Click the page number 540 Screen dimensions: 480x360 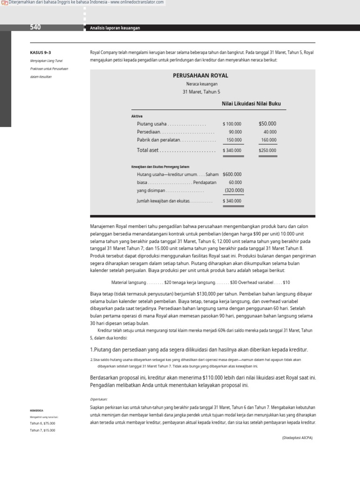click(35, 28)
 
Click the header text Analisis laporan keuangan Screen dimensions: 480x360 click(115, 28)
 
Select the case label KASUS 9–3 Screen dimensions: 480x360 click(40, 52)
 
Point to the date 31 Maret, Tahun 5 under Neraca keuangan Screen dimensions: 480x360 click(201, 92)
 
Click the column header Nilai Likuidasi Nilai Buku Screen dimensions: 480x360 click(251, 104)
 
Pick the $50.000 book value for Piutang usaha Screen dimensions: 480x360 click(267, 124)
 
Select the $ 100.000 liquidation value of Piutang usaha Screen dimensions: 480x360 click(232, 124)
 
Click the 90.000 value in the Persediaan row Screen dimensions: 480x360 click(235, 132)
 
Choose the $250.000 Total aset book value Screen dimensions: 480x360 click(267, 150)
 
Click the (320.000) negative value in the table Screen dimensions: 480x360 click(234, 190)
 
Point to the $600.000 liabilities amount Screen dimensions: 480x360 click(232, 174)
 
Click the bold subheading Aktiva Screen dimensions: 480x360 click(137, 116)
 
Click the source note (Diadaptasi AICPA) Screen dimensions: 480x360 click(297, 437)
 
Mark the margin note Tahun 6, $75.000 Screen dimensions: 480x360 click(42, 423)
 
